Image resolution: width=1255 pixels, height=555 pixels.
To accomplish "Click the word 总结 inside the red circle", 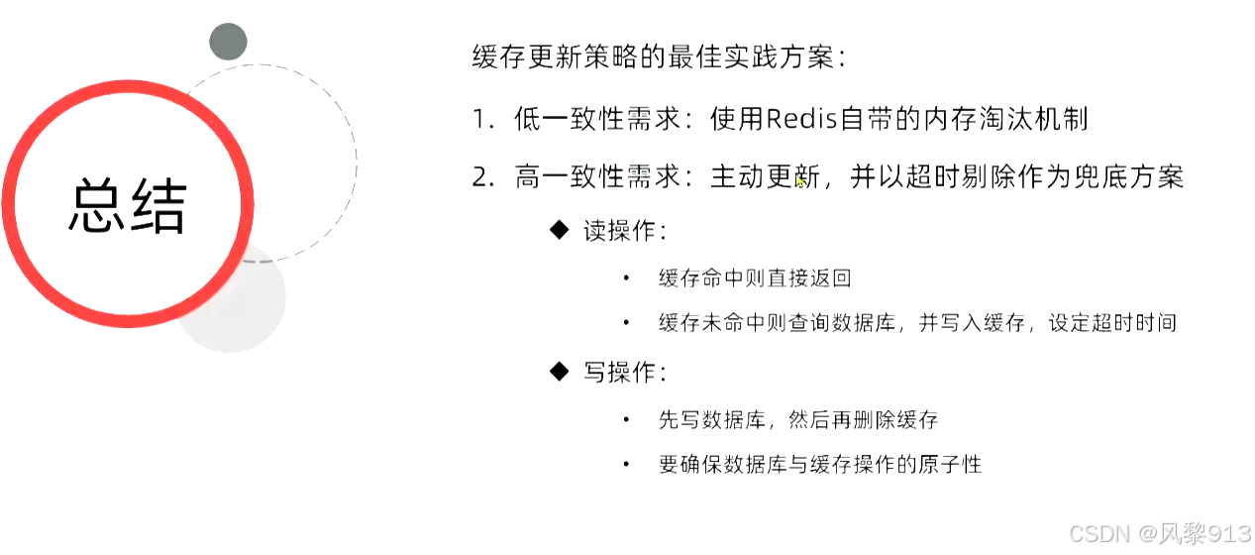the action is [x=128, y=206].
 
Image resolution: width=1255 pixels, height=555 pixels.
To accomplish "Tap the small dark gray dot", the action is [x=228, y=42].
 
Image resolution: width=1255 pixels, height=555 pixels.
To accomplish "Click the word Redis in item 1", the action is [x=801, y=119].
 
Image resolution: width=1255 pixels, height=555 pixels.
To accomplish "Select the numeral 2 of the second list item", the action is [x=481, y=177].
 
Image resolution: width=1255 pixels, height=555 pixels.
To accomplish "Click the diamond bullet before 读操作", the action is [x=560, y=230].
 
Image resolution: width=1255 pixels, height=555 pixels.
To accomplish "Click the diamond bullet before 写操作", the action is [x=560, y=372].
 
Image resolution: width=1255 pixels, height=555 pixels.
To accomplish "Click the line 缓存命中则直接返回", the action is [x=755, y=278].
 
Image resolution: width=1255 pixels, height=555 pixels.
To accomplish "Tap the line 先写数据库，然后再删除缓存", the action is [x=797, y=420].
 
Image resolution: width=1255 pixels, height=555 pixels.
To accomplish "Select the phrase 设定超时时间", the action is [x=1112, y=323].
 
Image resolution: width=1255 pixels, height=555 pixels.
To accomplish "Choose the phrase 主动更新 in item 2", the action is [x=765, y=177].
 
